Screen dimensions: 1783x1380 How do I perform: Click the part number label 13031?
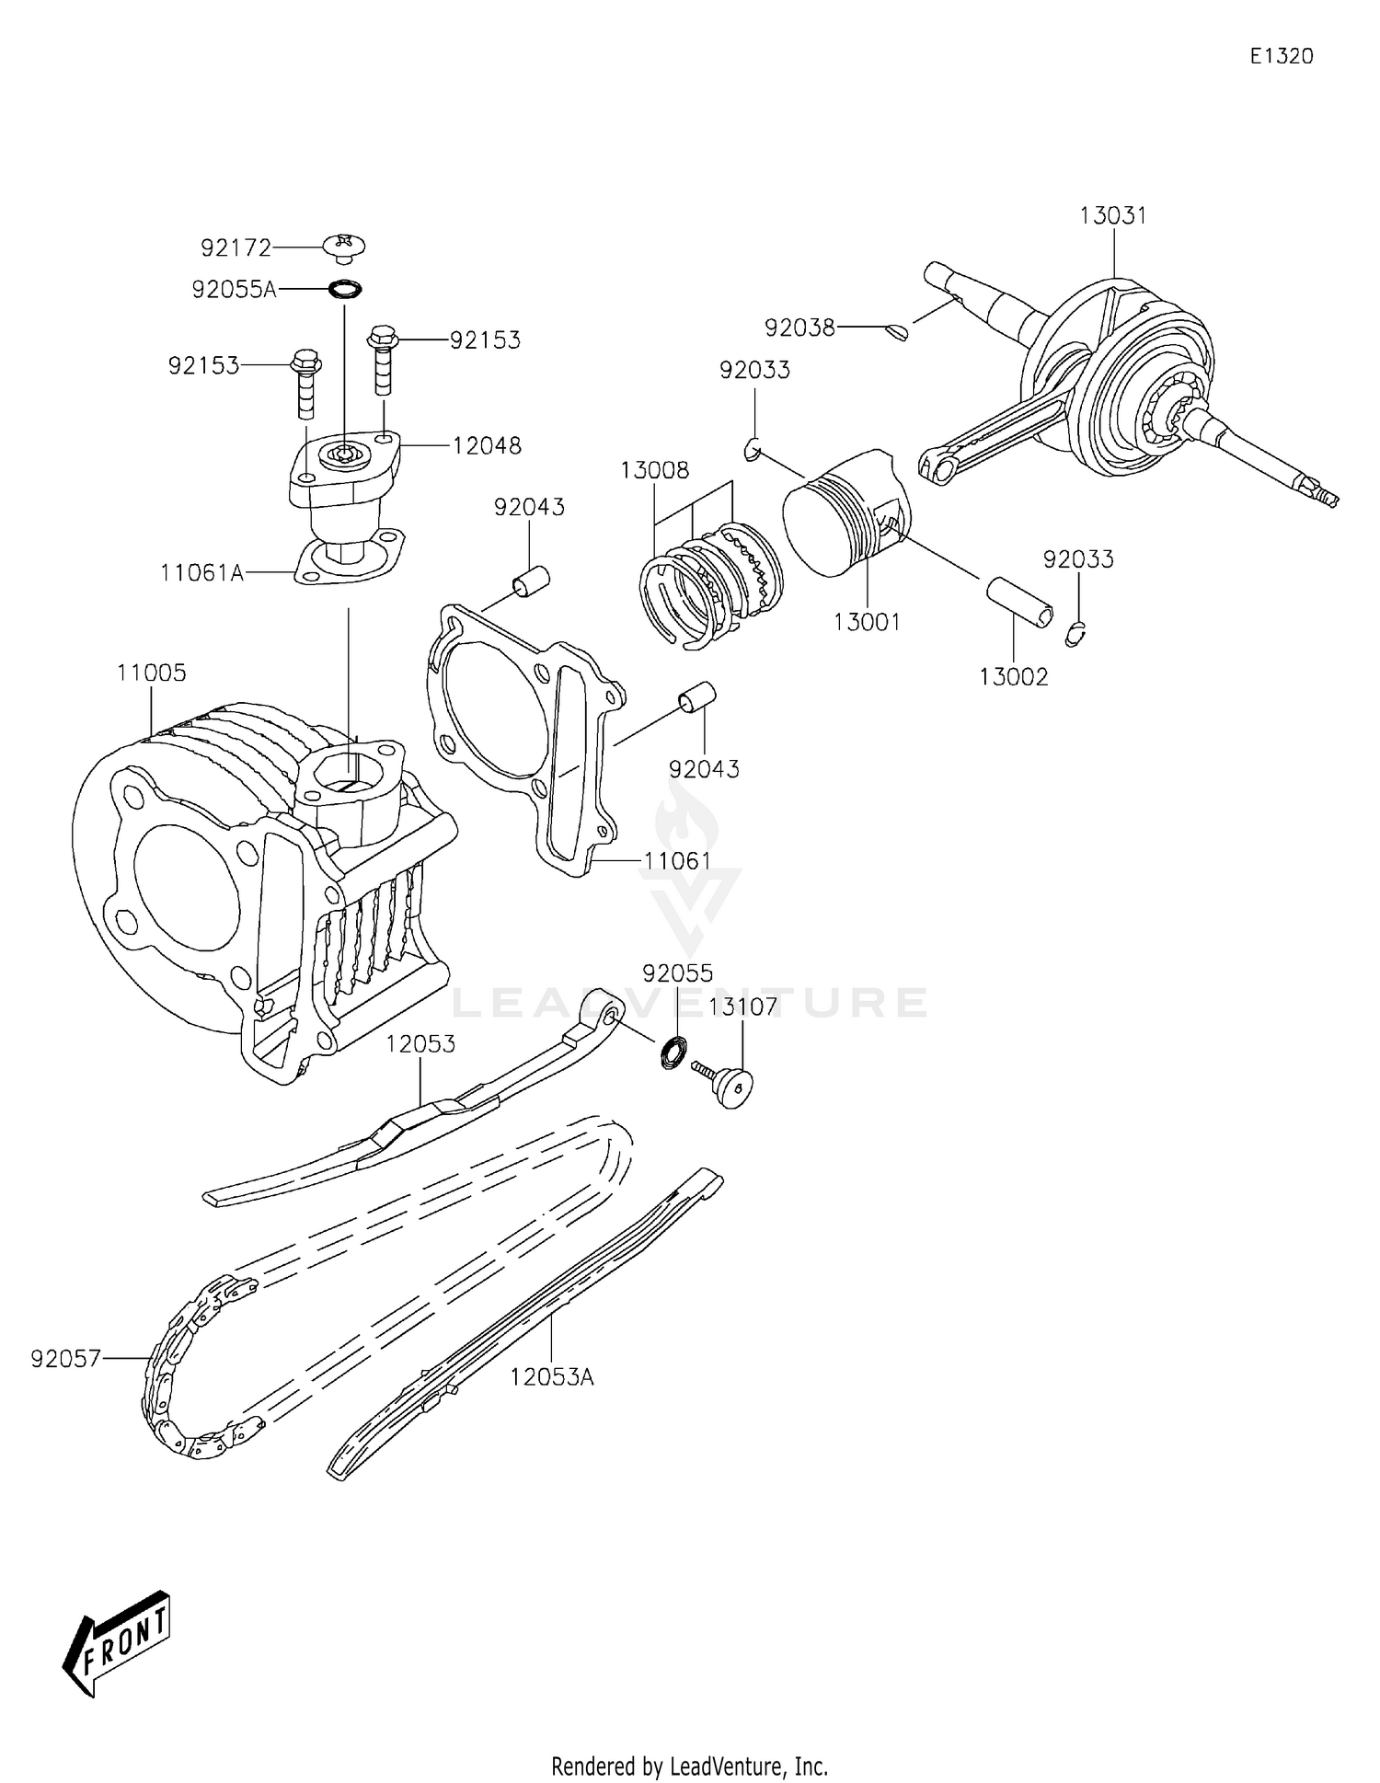pos(1112,216)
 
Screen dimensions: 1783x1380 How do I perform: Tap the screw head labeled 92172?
pos(345,247)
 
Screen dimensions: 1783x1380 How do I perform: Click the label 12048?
pos(487,446)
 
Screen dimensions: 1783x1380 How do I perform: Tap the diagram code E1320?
pos(1281,56)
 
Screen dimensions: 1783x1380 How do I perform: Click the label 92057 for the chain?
pos(65,1359)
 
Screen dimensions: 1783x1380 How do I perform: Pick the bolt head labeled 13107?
pos(733,1087)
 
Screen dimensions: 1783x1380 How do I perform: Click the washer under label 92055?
pos(674,1052)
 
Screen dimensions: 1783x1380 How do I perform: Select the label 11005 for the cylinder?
pos(152,673)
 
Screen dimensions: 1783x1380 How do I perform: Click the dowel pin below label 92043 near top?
pos(531,581)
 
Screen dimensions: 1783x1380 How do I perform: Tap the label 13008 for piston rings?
pos(654,471)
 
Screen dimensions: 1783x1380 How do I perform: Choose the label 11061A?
pos(201,573)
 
